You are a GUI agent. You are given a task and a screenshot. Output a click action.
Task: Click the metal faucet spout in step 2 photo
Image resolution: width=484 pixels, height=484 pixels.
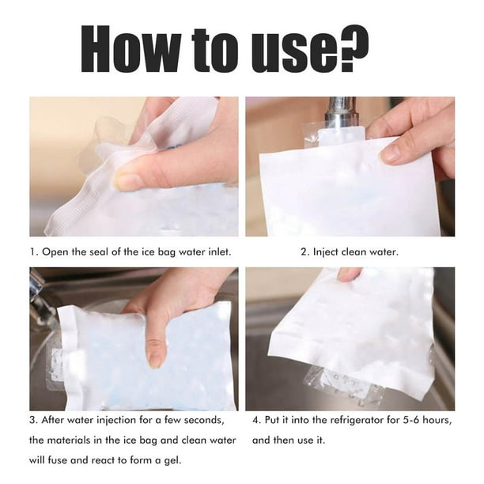341,113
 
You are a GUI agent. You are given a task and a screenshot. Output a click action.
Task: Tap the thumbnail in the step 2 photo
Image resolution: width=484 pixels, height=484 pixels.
393,153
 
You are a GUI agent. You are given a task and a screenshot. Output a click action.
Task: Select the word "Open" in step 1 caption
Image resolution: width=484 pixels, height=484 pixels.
55,252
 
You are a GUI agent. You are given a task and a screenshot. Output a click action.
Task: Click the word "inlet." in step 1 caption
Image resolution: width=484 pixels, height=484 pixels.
220,251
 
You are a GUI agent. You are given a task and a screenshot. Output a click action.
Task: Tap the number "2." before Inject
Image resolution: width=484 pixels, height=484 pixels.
305,252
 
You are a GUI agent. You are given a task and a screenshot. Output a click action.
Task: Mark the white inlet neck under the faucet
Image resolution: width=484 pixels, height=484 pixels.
341,137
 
